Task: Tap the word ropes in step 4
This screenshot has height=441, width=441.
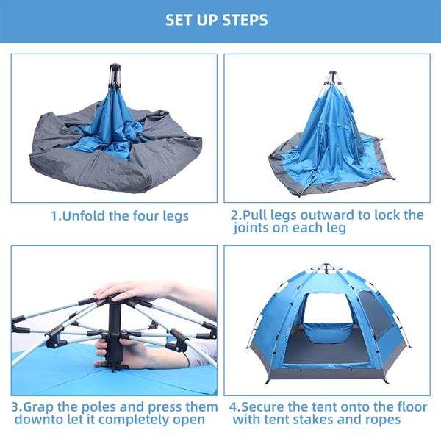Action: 383,420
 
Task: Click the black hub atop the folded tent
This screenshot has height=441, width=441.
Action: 115,75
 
